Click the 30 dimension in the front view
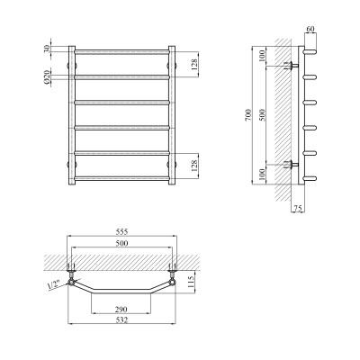[46, 49]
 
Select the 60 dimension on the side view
[310, 29]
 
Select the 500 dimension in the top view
[121, 243]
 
